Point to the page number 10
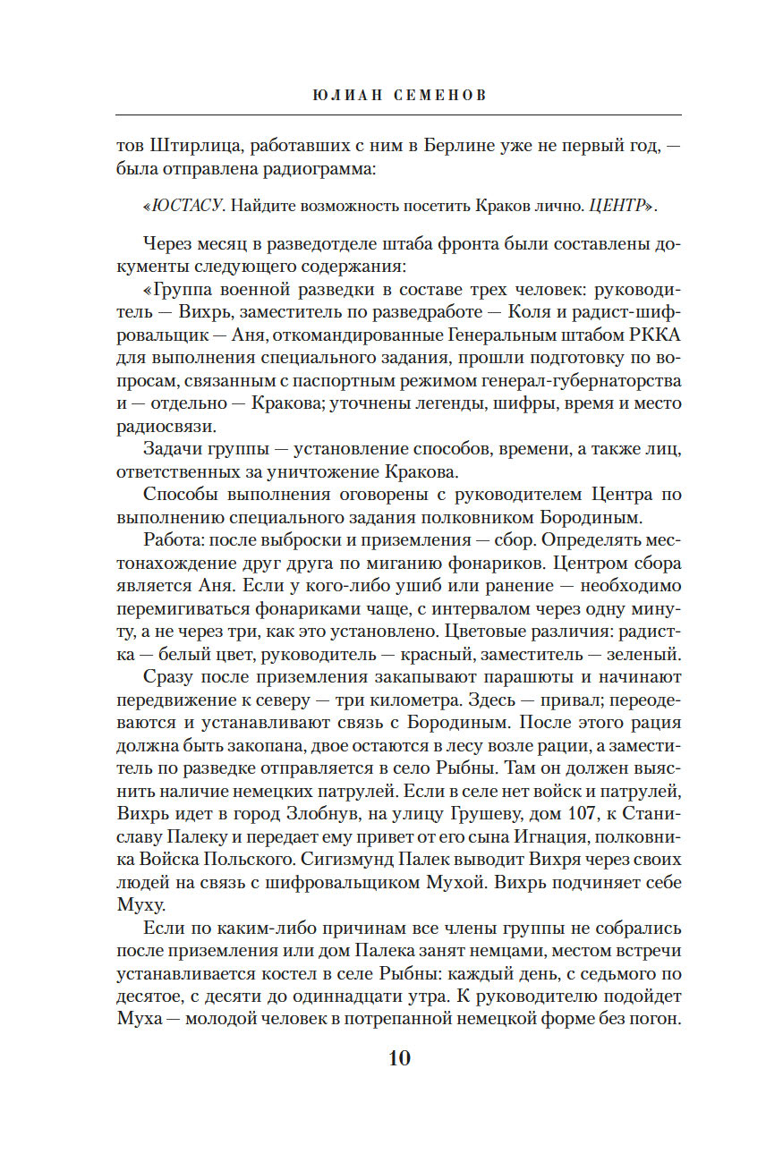[398, 1057]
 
